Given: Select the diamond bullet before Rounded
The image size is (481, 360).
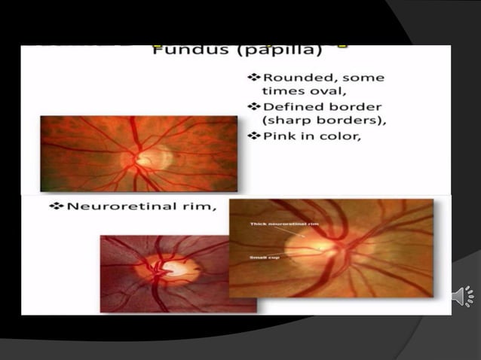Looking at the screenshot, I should click(253, 77).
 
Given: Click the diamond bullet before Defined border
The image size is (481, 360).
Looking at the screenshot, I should click(253, 106).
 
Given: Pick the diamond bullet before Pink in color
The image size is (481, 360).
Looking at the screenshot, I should click(253, 136).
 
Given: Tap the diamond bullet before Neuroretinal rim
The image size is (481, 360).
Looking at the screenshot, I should click(54, 205).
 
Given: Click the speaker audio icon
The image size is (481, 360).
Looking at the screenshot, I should click(462, 296).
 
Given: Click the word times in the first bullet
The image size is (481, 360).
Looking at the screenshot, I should click(279, 91).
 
